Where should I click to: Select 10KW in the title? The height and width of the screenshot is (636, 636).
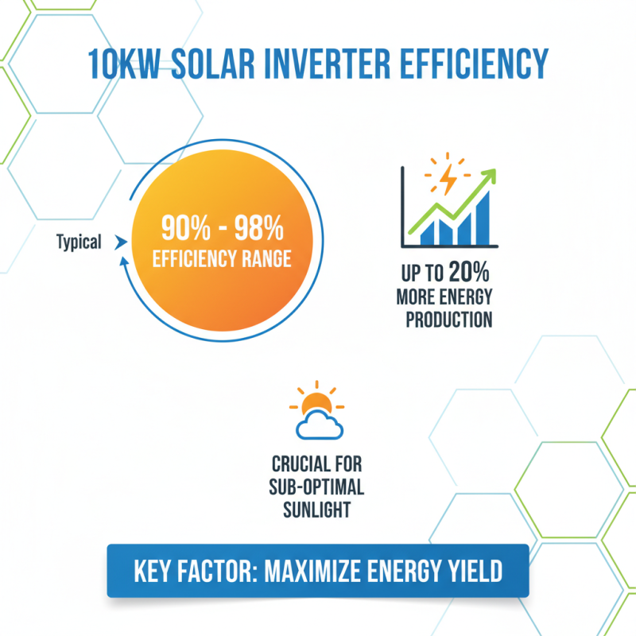pos(126,64)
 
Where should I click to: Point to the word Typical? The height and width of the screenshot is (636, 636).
pos(79,242)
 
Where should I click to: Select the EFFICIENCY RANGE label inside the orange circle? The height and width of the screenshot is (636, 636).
pos(222,259)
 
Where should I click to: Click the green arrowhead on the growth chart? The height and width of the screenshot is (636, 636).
pos(487,177)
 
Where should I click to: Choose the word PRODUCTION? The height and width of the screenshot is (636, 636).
pos(448,320)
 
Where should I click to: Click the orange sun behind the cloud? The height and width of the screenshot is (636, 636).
pos(316,402)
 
